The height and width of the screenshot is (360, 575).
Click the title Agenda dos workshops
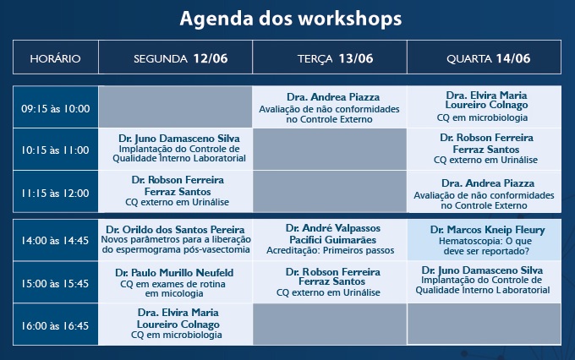pos(290,19)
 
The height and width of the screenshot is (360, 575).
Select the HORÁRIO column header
pos(55,57)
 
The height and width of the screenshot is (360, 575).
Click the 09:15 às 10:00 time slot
pos(55,107)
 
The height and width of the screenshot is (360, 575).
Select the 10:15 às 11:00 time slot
pos(55,150)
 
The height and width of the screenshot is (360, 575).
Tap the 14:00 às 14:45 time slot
pos(55,240)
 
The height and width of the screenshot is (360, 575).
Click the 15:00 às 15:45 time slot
pos(55,282)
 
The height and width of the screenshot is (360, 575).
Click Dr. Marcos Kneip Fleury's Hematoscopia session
pos(484,240)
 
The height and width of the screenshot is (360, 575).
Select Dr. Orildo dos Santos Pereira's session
pos(175,240)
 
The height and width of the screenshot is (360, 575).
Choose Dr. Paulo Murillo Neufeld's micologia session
pos(175,282)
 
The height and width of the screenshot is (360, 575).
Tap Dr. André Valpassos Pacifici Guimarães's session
pos(330,240)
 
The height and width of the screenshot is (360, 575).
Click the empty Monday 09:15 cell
pos(175,107)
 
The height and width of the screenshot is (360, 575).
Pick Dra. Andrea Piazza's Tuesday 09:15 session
pos(330,107)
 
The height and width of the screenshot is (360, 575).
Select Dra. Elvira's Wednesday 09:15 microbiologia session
pos(484,107)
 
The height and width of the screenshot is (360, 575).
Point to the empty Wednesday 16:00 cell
pos(484,325)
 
